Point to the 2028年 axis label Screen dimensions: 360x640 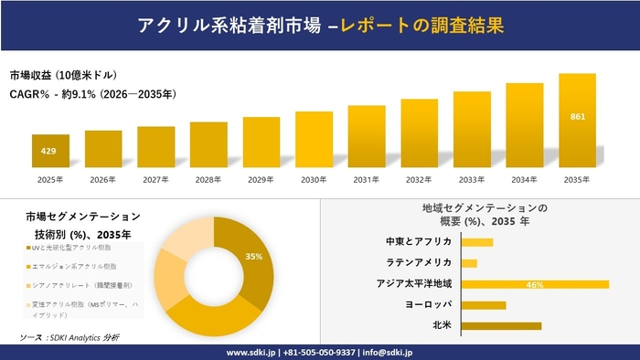pyautogui.click(x=208, y=179)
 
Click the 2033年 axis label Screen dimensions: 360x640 pyautogui.click(x=472, y=179)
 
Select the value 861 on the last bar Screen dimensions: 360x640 pyautogui.click(x=577, y=117)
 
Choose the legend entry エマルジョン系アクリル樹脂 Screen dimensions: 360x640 pyautogui.click(x=75, y=266)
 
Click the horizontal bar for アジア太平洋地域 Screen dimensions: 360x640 pyautogui.click(x=535, y=284)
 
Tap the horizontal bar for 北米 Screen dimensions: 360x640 pyautogui.click(x=501, y=325)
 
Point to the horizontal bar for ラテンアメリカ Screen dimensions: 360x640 pyautogui.click(x=469, y=263)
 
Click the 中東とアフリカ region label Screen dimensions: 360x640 pyautogui.click(x=419, y=242)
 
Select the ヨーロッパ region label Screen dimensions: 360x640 pyautogui.click(x=428, y=305)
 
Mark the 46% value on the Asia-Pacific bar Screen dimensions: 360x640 pyautogui.click(x=535, y=285)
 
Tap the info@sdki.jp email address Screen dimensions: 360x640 pyautogui.click(x=388, y=352)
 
